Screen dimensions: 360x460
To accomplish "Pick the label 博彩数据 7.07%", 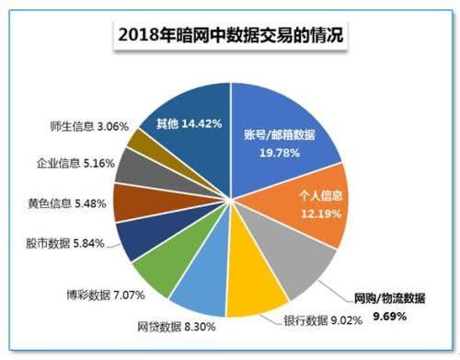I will (x=102, y=296).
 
